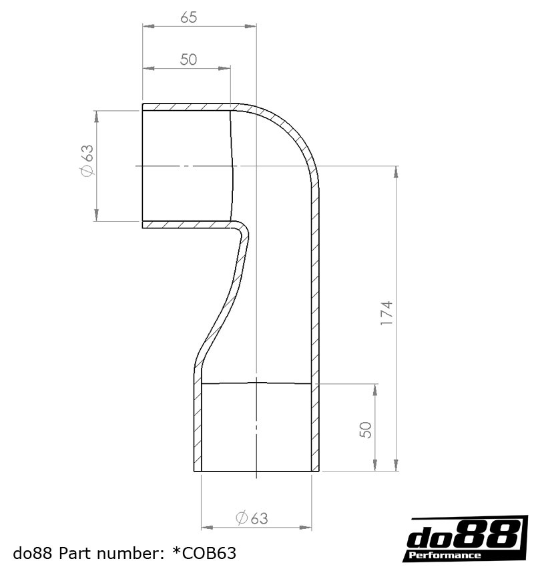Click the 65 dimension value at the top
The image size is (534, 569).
pos(189,17)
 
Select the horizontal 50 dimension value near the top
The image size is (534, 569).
pos(189,59)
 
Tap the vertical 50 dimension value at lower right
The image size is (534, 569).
pos(366,429)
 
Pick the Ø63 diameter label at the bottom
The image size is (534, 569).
pos(252,518)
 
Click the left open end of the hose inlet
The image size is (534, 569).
pos(144,166)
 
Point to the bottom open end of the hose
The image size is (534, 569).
pos(256,471)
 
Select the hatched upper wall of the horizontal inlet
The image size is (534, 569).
pos(187,107)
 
